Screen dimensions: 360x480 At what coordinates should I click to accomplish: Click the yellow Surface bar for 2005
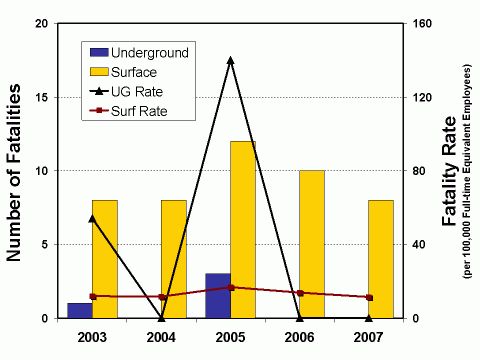[x=243, y=230]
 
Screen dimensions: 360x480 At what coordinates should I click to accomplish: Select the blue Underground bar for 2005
[x=218, y=295]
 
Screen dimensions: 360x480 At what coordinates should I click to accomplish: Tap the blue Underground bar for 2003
[x=80, y=310]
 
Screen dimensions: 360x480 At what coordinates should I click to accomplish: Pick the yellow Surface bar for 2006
[x=312, y=244]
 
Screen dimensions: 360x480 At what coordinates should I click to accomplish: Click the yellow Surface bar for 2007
[x=381, y=259]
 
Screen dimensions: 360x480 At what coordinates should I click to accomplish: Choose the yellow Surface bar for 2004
[x=174, y=259]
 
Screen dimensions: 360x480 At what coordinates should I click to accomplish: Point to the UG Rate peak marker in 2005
[x=231, y=60]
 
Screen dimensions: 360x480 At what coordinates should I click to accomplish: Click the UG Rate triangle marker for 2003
[x=93, y=218]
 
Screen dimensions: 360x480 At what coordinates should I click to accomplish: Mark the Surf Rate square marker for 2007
[x=369, y=297]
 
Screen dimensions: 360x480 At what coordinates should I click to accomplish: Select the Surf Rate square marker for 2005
[x=231, y=287]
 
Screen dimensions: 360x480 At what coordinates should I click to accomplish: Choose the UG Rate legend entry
[x=138, y=91]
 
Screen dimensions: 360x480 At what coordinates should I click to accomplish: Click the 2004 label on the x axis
[x=162, y=337]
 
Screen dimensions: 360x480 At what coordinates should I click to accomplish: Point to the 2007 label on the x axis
[x=369, y=337]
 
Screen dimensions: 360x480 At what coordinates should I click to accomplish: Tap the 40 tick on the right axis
[x=417, y=244]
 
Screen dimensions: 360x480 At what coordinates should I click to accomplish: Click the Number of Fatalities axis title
[x=16, y=170]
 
